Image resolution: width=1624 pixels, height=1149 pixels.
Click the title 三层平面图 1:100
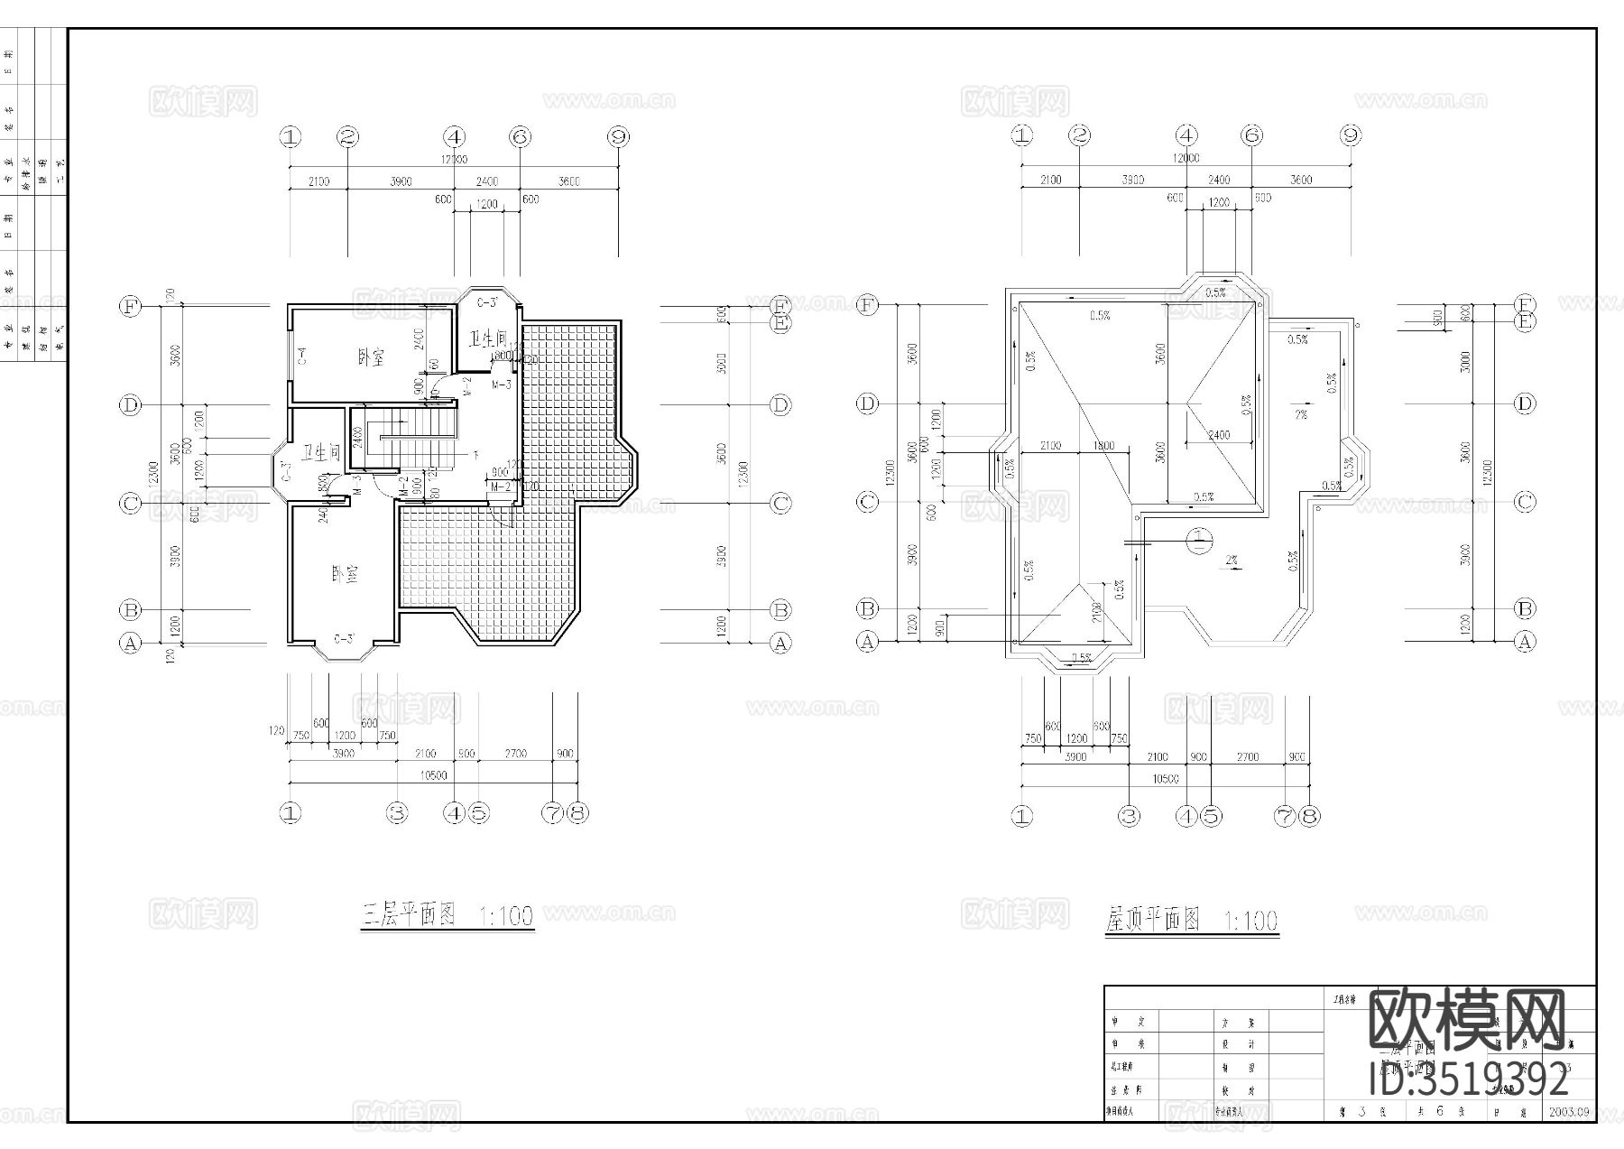tap(447, 916)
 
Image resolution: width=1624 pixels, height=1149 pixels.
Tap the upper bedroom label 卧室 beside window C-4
tap(371, 357)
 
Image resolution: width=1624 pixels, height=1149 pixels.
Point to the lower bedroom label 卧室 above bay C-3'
tap(345, 574)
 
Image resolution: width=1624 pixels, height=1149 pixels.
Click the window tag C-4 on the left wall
tap(302, 357)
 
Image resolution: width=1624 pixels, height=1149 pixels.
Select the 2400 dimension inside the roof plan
tap(1218, 435)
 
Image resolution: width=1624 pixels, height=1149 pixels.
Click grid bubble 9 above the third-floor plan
tap(618, 137)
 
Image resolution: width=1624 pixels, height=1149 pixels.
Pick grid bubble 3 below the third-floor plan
tap(397, 813)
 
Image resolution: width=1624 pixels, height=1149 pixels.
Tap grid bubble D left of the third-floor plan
tap(130, 404)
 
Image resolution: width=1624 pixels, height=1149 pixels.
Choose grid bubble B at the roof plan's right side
tap(1524, 608)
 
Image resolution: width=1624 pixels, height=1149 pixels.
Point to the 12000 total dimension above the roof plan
tap(1186, 157)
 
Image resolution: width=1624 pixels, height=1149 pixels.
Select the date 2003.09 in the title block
tap(1569, 1111)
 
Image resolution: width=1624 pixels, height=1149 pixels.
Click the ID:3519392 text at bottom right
tap(1469, 1080)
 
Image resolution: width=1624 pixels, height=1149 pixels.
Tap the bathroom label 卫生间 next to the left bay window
tap(321, 452)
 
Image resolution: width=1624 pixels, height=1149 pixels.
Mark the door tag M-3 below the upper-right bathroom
tap(502, 385)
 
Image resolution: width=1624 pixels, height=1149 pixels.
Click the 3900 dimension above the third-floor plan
tap(401, 181)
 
